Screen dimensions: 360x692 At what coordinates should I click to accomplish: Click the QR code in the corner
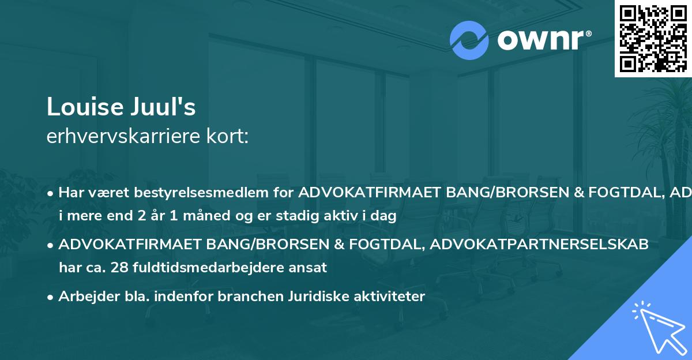(653, 38)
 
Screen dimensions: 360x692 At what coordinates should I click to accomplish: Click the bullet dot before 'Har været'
(51, 193)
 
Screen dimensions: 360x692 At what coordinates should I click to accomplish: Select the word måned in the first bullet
(192, 216)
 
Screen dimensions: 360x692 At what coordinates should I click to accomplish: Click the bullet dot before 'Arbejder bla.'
(51, 297)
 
